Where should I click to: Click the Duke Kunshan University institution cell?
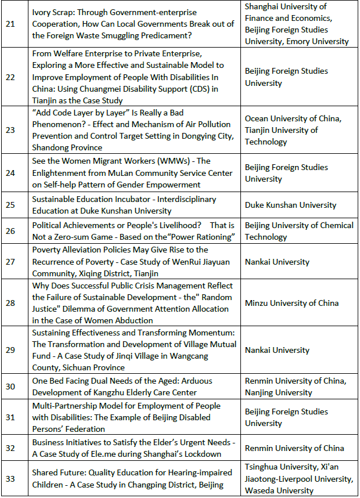[290, 205]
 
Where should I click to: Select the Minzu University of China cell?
[291, 303]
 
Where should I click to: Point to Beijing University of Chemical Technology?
[298, 231]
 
